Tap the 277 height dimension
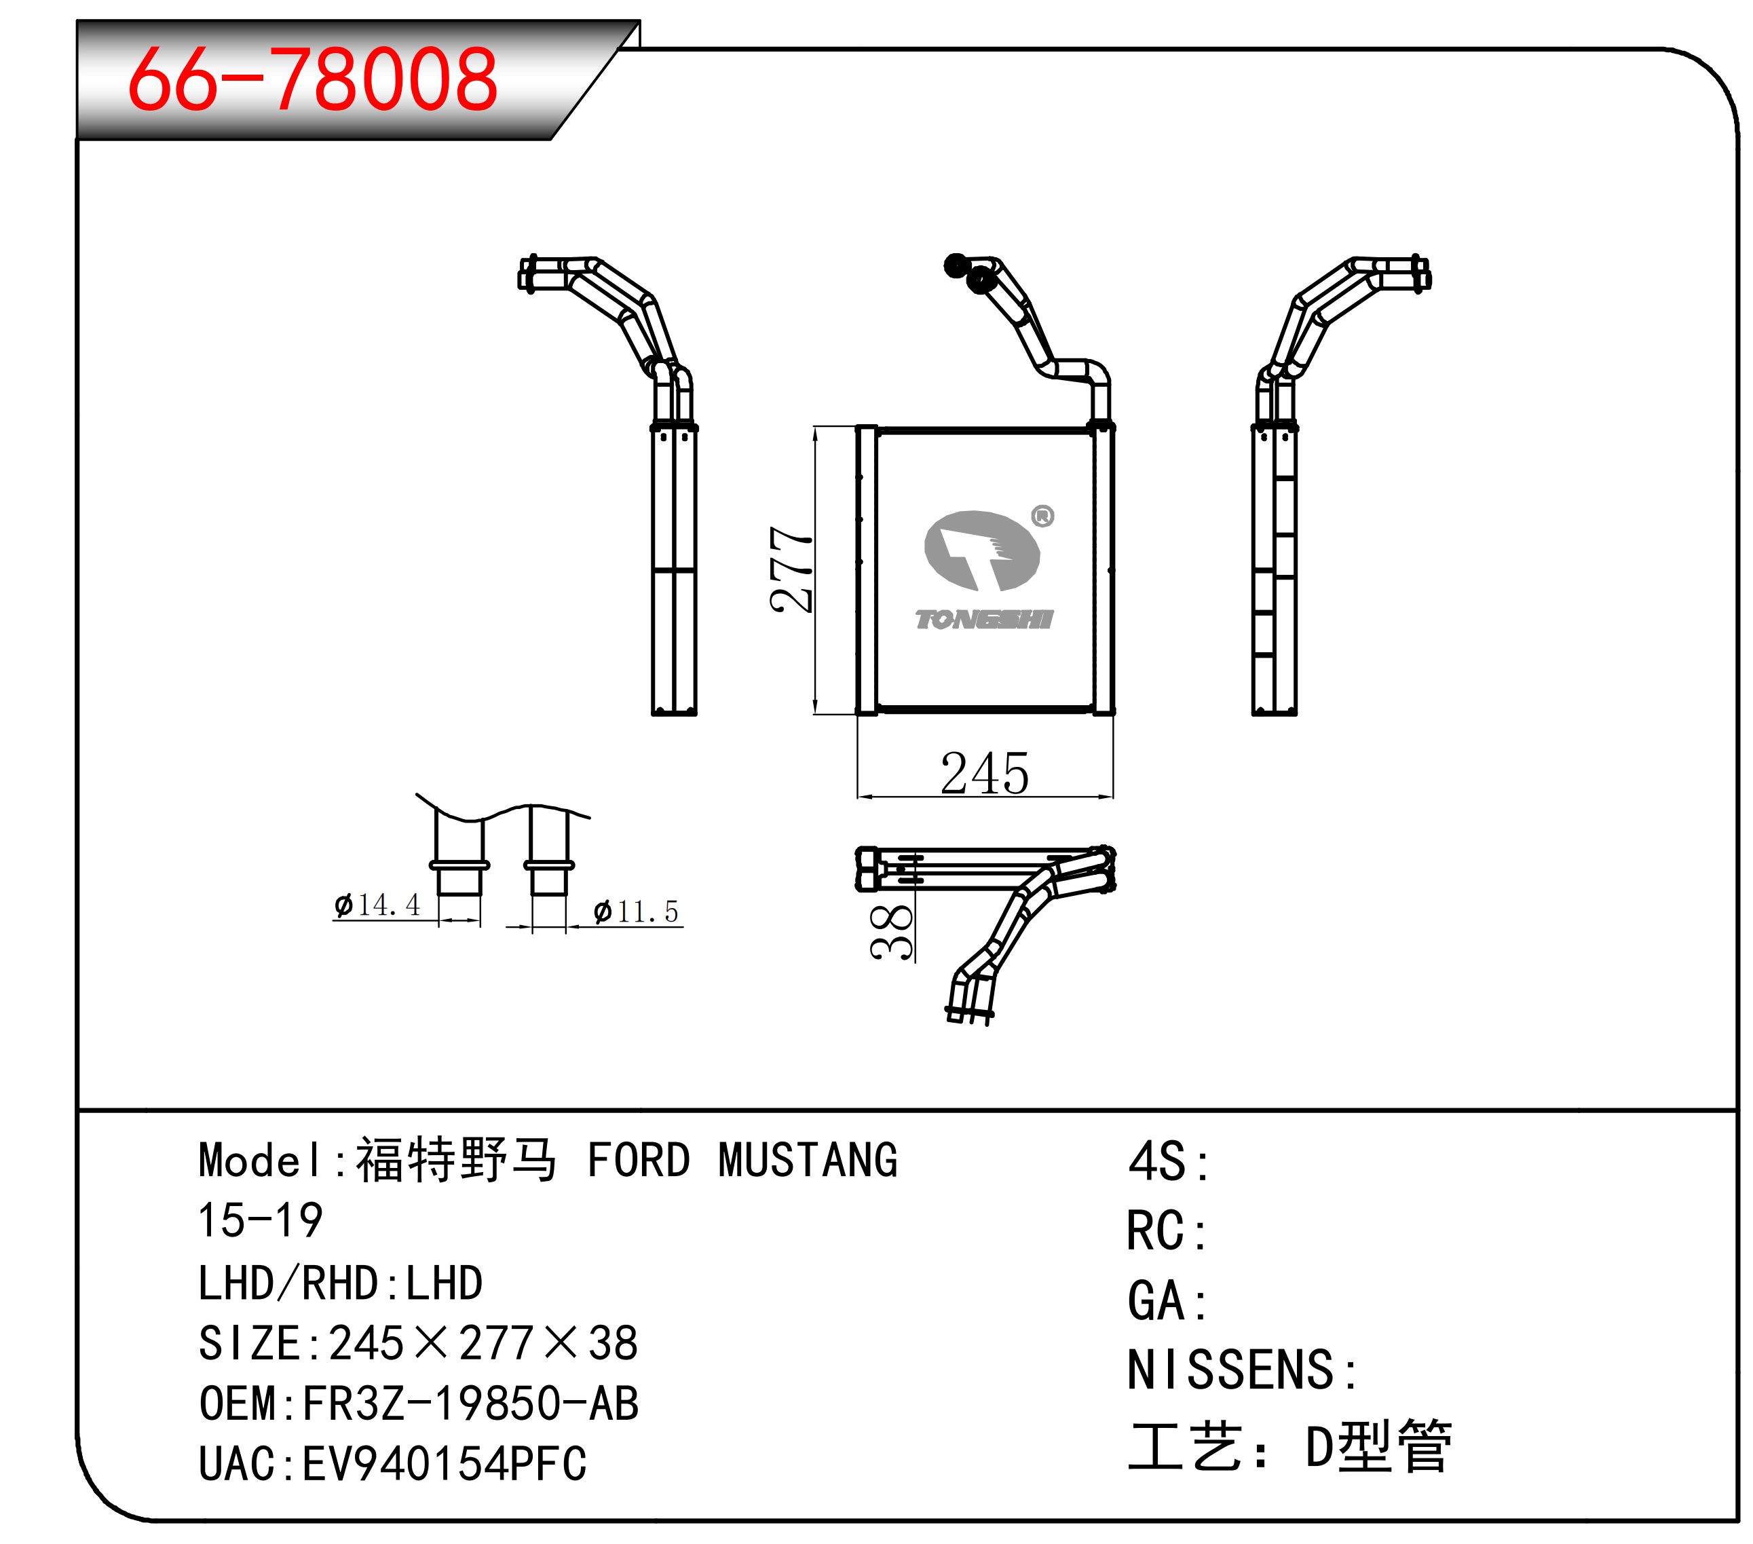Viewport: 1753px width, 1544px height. pos(790,569)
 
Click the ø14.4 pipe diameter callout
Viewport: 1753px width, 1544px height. pos(377,905)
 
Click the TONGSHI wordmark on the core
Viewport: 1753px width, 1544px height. pos(983,620)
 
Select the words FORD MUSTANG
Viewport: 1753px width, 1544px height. pos(742,1161)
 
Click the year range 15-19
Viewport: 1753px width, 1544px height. pos(260,1221)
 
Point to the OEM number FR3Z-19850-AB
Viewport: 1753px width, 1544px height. pos(471,1404)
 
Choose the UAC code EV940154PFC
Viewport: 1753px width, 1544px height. pos(445,1464)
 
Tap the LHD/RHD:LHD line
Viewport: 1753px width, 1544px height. pos(341,1283)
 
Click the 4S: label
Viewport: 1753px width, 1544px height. pos(1168,1163)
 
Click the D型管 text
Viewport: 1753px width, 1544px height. pos(1378,1446)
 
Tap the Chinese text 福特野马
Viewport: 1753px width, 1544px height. pos(456,1160)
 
